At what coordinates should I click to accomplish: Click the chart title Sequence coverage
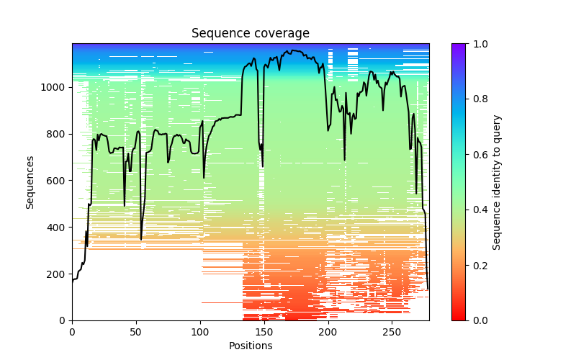click(x=250, y=34)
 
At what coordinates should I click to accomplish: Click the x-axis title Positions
click(x=250, y=346)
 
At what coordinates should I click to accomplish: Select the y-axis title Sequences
click(x=30, y=182)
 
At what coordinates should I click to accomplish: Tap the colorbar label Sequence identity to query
click(x=497, y=182)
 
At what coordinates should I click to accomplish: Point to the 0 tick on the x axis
click(x=72, y=331)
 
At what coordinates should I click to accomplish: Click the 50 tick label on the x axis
click(x=136, y=331)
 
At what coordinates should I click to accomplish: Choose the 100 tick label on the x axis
click(x=200, y=331)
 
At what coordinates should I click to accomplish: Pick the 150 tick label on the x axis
click(x=264, y=331)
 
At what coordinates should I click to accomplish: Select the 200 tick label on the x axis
click(x=328, y=331)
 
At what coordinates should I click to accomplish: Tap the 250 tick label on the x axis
click(x=392, y=331)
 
